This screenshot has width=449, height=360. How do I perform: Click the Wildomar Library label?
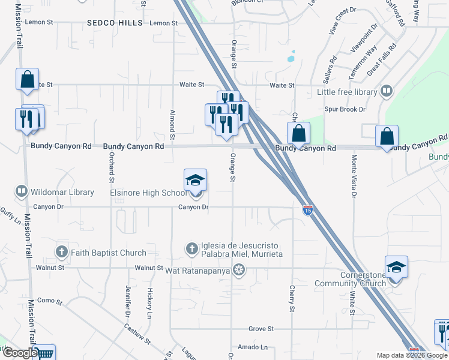pyautogui.click(x=61, y=192)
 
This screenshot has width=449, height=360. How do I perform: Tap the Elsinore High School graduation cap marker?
pyautogui.click(x=195, y=179)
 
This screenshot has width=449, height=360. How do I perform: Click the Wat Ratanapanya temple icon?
pyautogui.click(x=240, y=271)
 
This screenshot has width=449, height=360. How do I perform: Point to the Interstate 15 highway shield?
pyautogui.click(x=307, y=210)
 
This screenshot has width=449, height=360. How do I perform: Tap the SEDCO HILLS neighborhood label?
pyautogui.click(x=115, y=23)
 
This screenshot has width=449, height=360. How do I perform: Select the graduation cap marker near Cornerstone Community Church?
pyautogui.click(x=396, y=267)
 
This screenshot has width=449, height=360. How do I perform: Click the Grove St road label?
pyautogui.click(x=261, y=329)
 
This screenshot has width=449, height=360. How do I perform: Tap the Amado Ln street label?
pyautogui.click(x=253, y=347)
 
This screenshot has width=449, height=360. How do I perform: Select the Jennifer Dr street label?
pyautogui.click(x=128, y=302)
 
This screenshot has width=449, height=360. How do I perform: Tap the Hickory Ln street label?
pyautogui.click(x=149, y=302)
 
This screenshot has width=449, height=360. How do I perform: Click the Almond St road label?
pyautogui.click(x=172, y=125)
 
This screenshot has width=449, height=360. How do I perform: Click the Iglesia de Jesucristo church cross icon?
pyautogui.click(x=191, y=248)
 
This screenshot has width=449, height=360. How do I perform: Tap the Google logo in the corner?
pyautogui.click(x=20, y=353)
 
